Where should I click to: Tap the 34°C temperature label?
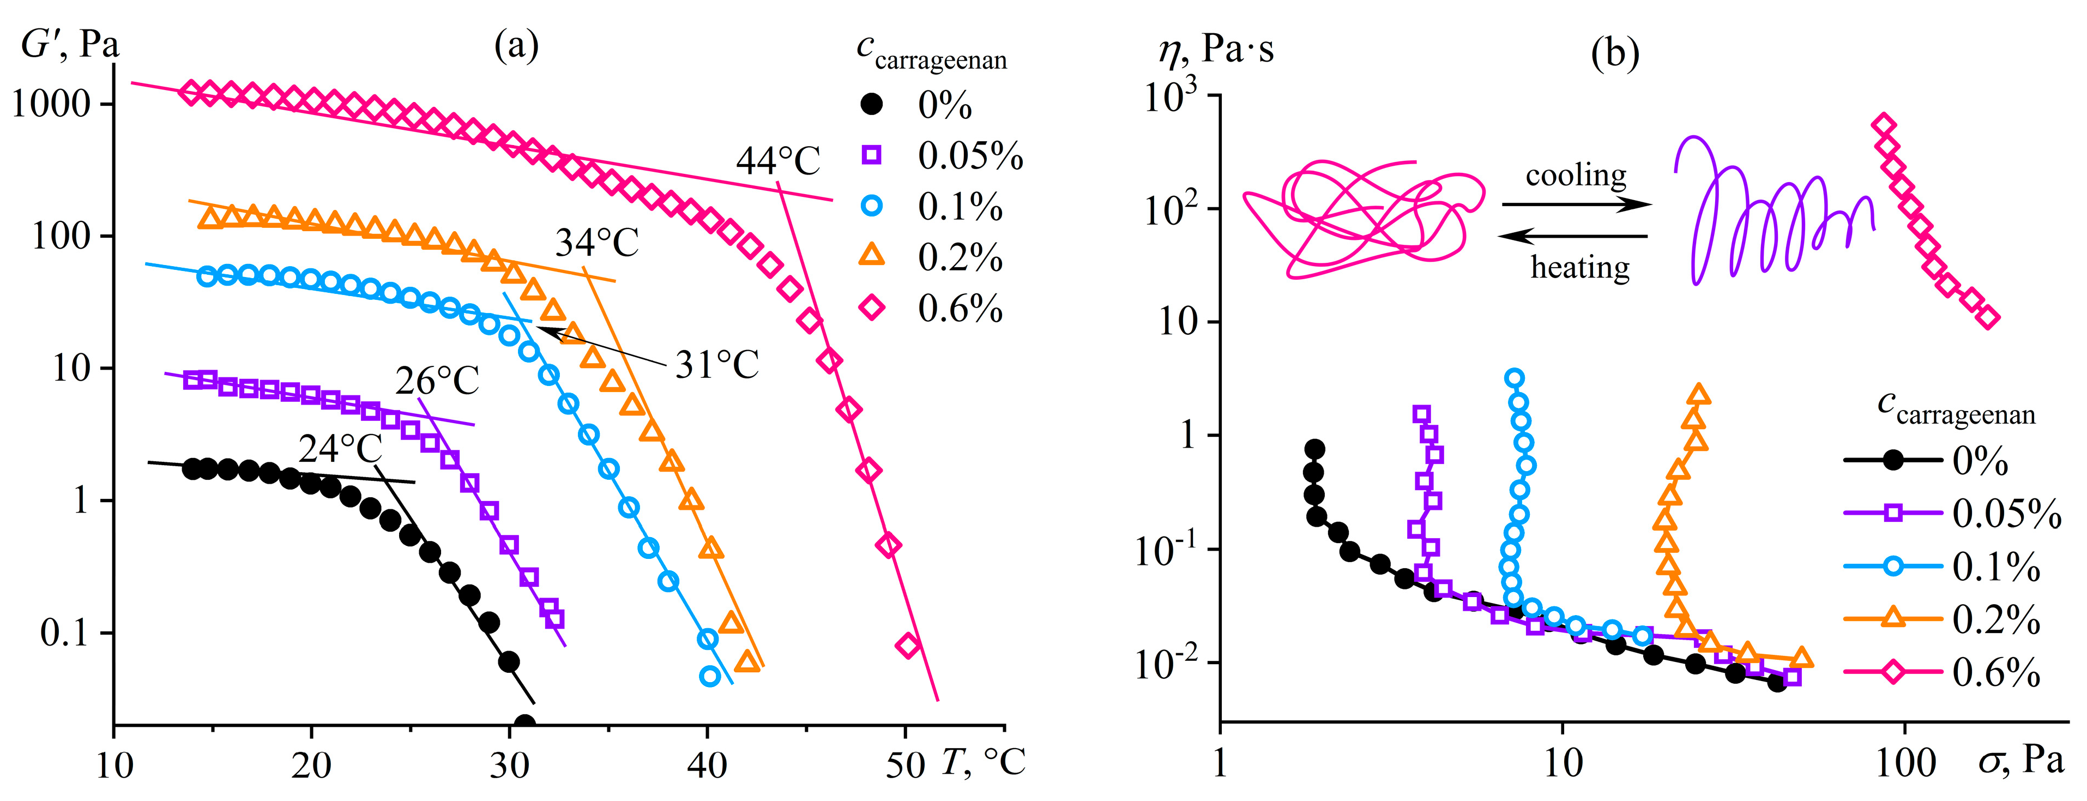point(597,242)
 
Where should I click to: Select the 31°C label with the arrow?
point(717,365)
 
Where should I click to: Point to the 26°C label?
point(437,381)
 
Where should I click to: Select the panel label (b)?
point(1615,53)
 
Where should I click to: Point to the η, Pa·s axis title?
point(1215,49)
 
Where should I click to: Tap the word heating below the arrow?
point(1580,267)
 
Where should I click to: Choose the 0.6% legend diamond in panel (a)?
point(872,308)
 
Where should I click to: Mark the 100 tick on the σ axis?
point(1905,764)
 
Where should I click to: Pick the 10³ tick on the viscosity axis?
point(1170,97)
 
